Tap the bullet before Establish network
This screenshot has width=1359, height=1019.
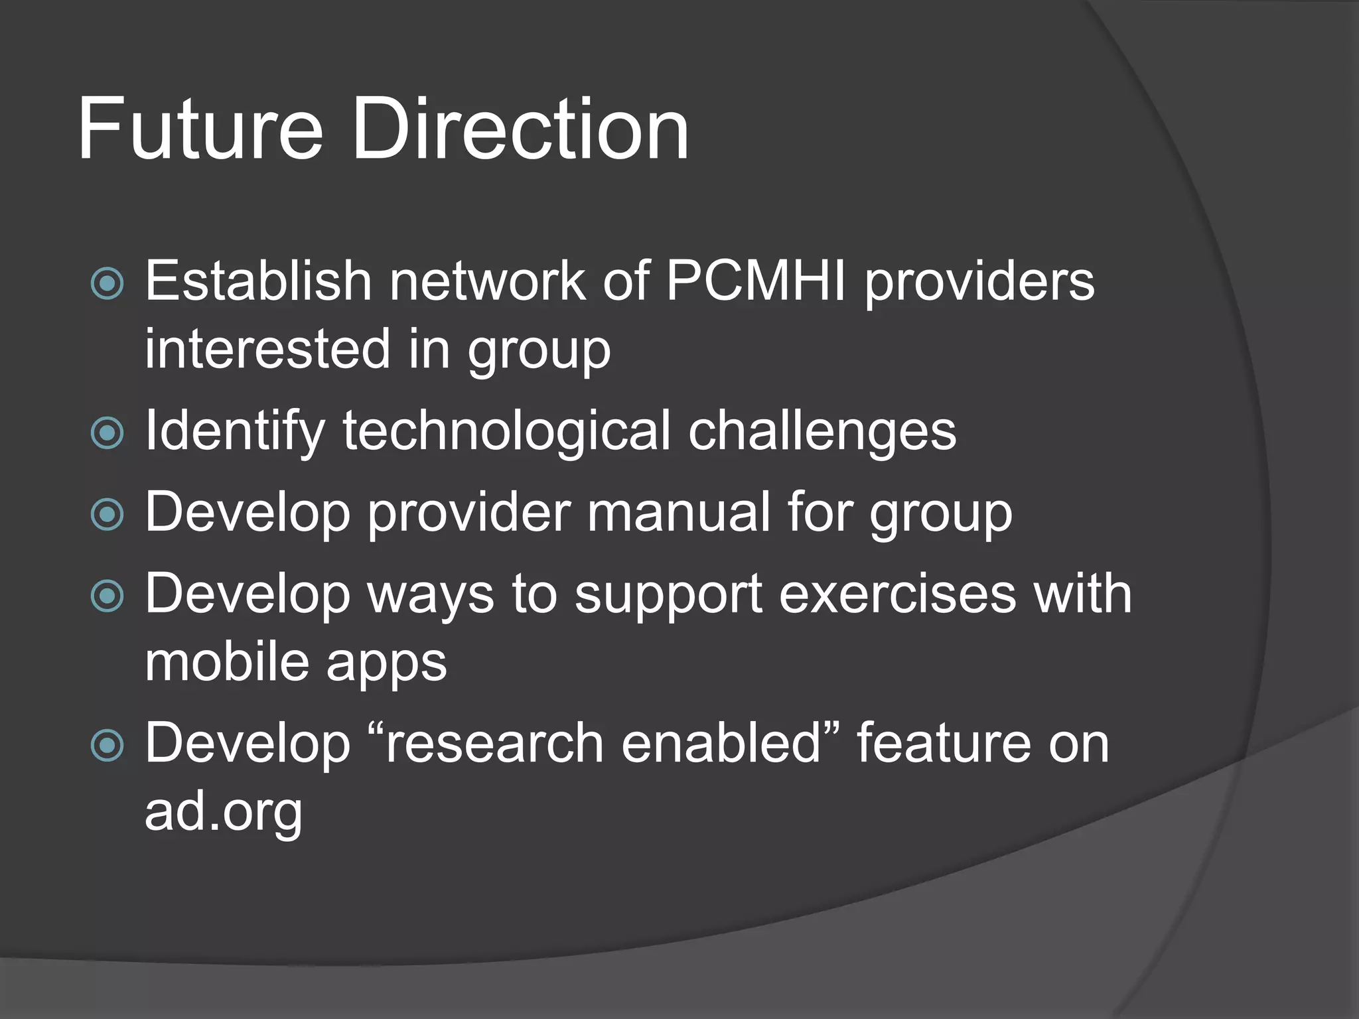(107, 284)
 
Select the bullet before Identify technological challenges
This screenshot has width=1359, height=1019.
(107, 433)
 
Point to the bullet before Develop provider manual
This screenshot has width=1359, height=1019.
(107, 515)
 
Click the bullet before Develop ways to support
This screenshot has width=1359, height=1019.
(107, 596)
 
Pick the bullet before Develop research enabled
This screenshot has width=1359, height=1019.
(107, 745)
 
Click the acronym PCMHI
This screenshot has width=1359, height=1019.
(756, 281)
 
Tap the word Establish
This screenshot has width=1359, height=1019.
(258, 281)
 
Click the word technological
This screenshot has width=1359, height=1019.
(506, 431)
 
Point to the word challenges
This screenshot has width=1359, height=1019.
(822, 431)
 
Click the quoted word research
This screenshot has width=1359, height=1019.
(495, 743)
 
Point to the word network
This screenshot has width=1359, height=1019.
(487, 281)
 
